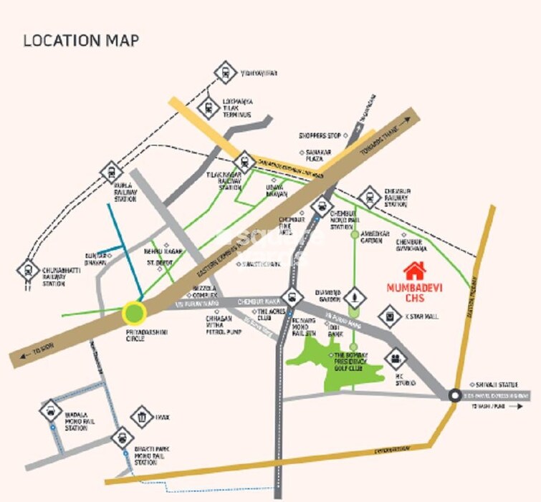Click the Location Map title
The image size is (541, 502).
tap(81, 40)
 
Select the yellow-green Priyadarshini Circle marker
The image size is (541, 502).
tap(134, 312)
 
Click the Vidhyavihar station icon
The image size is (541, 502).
tap(224, 72)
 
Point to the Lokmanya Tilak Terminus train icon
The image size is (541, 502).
tap(208, 105)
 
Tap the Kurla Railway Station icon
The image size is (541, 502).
tap(112, 172)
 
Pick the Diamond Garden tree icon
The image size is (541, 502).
tap(353, 297)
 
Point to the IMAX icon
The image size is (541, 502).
tap(142, 415)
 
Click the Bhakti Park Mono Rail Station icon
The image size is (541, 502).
tap(123, 436)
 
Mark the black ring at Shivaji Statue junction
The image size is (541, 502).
tap(454, 395)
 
